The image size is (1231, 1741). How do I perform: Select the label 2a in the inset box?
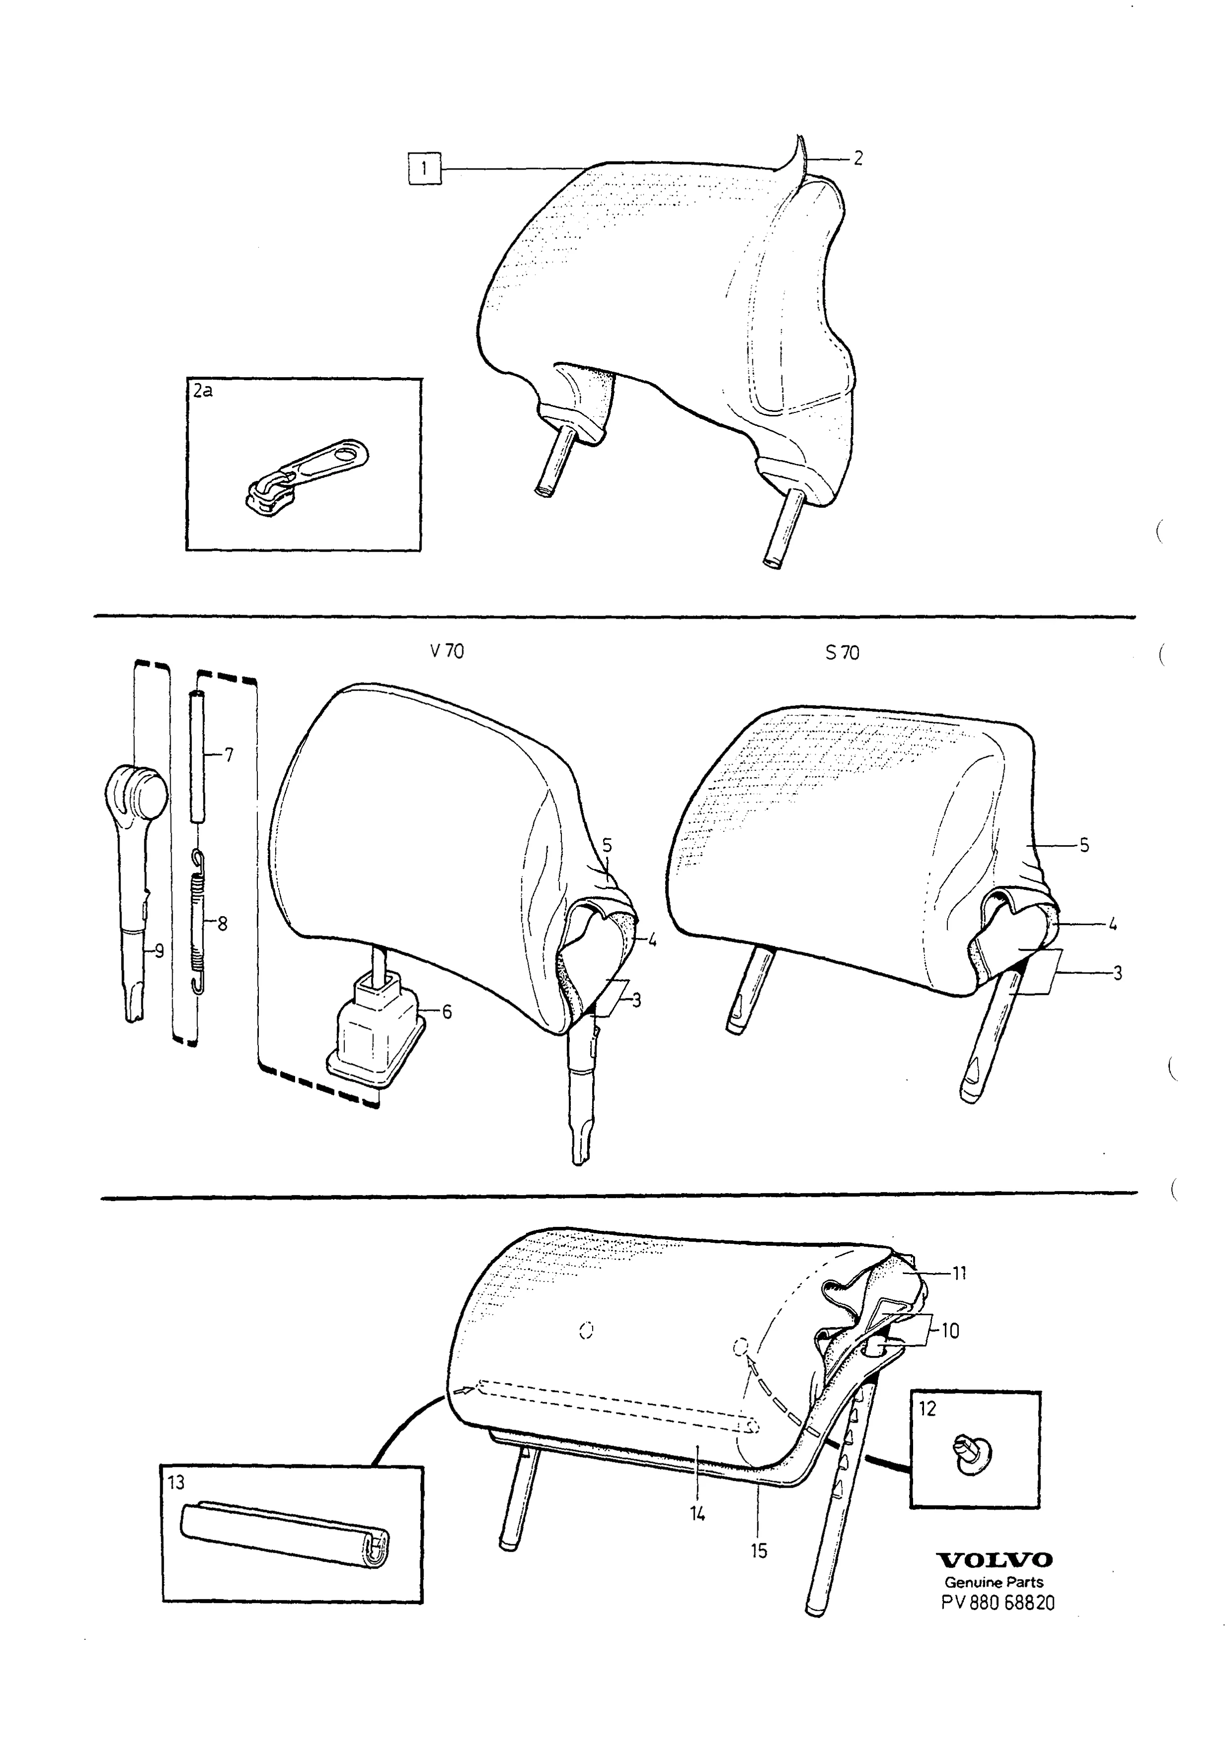point(202,391)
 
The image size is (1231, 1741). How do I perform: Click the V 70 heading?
point(447,651)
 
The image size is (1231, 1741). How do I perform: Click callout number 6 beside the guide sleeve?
point(447,1012)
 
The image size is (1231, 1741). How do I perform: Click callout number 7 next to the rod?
point(229,754)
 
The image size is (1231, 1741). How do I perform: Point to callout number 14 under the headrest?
point(697,1513)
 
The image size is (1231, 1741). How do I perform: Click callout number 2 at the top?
point(858,158)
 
